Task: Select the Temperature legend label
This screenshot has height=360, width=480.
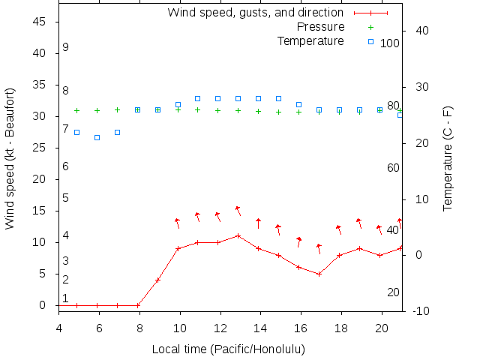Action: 310,40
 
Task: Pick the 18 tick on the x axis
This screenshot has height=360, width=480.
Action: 340,328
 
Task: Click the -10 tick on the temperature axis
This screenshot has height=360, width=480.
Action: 421,311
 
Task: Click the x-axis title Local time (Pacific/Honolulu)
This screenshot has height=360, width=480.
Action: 229,349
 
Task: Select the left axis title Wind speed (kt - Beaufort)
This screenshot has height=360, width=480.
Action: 10,158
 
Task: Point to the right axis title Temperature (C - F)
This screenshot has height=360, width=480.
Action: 448,158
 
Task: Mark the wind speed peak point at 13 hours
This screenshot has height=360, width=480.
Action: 238,235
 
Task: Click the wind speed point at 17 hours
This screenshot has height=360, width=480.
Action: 319,274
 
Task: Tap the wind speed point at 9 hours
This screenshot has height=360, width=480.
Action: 157,280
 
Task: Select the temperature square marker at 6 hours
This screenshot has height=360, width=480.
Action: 97,137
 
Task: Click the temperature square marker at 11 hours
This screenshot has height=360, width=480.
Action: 198,98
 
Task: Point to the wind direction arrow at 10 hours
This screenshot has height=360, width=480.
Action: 178,223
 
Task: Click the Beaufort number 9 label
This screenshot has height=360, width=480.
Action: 66,47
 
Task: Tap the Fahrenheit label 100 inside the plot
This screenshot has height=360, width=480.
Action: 390,43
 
